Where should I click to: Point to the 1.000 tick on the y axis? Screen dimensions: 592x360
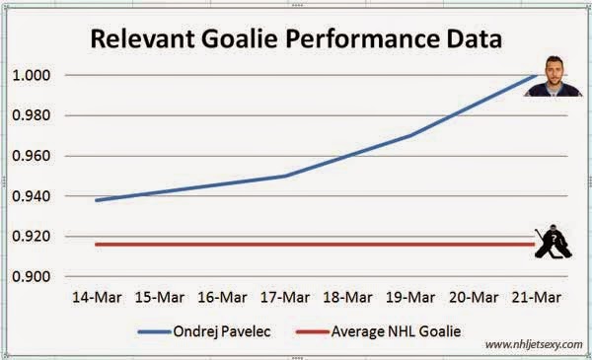(x=32, y=75)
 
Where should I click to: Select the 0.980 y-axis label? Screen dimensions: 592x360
(x=32, y=115)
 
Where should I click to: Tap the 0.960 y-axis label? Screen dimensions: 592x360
(x=32, y=156)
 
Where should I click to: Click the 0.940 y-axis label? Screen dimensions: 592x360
(x=32, y=196)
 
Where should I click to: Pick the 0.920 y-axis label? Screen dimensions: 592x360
(x=32, y=237)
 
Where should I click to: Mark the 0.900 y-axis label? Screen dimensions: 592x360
(x=32, y=276)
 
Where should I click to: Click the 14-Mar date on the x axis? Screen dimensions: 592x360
(x=97, y=297)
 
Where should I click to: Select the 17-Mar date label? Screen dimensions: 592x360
(x=285, y=297)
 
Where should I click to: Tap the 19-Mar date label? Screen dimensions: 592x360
(x=410, y=297)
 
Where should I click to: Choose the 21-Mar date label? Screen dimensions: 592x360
(x=537, y=297)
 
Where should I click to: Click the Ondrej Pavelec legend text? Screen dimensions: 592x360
(x=222, y=331)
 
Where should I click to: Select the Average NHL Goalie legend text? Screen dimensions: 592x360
(x=396, y=331)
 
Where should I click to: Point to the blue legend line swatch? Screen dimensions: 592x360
(x=155, y=332)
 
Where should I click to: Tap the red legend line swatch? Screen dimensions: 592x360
(x=313, y=332)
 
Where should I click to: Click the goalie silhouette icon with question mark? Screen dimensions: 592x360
(x=554, y=242)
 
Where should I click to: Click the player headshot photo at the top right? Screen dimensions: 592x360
(x=554, y=76)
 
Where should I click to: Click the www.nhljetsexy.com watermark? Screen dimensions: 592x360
(x=534, y=344)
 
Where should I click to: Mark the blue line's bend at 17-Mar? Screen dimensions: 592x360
(x=285, y=176)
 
